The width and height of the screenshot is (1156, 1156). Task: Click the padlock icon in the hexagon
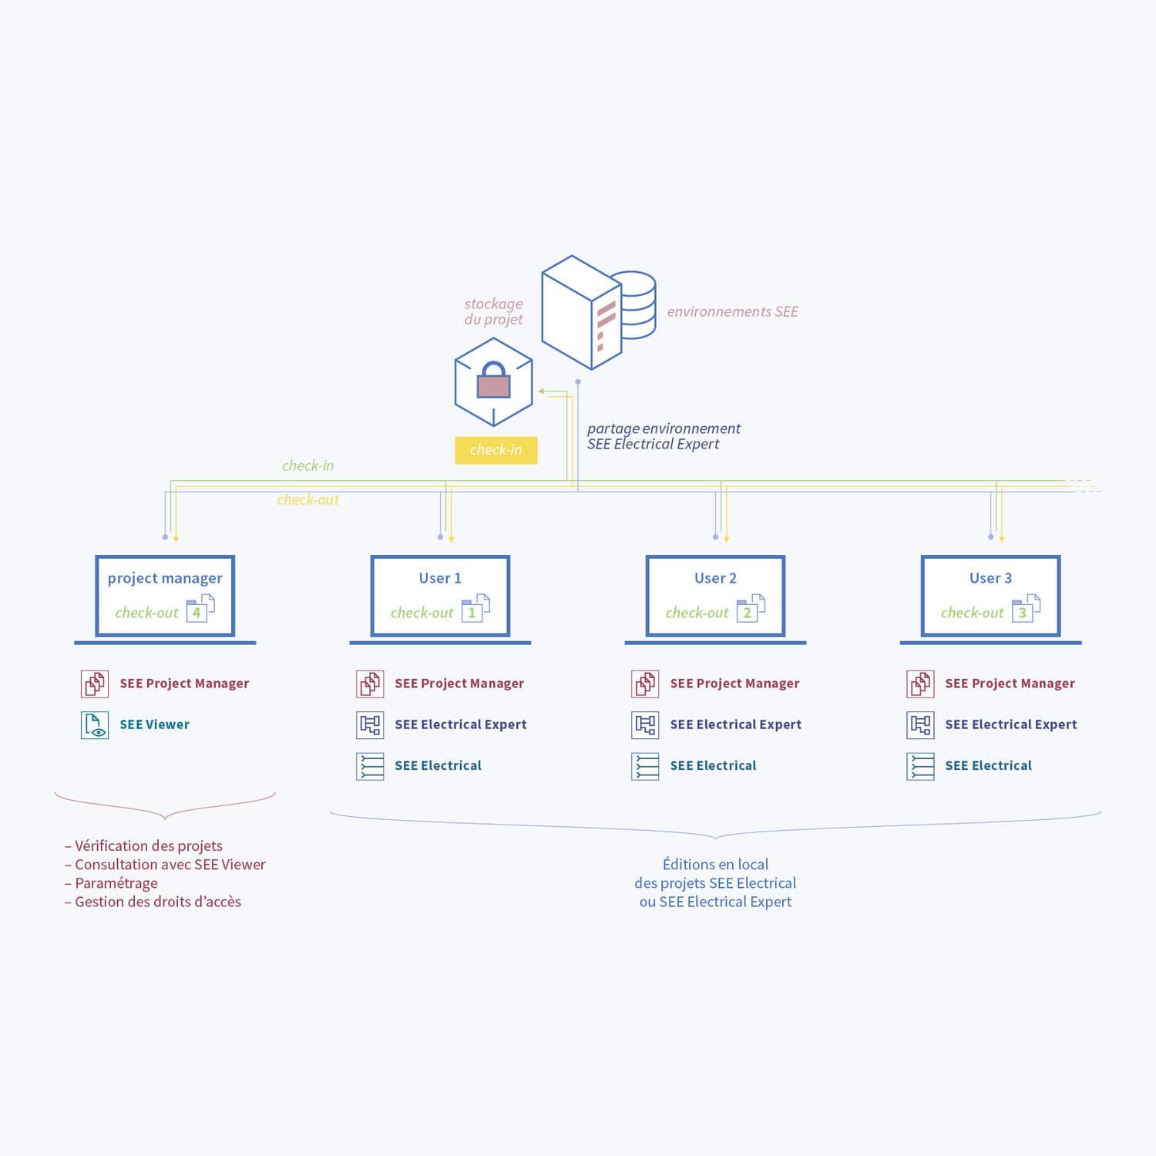tap(493, 381)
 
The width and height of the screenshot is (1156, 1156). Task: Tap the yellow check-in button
tap(496, 450)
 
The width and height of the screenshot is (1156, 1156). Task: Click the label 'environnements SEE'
tap(732, 311)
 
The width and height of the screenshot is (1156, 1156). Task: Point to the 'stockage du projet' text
tap(493, 311)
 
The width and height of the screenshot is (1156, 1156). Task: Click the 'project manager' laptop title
tap(165, 578)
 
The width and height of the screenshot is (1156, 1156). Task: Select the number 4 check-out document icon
tap(200, 609)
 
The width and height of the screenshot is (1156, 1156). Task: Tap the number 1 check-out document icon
tap(475, 609)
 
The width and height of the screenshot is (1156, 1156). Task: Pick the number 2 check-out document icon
tap(750, 609)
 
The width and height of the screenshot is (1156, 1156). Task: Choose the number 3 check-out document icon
tap(1025, 609)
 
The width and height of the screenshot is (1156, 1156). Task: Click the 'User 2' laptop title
tap(715, 578)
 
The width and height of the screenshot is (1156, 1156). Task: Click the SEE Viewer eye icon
tap(95, 725)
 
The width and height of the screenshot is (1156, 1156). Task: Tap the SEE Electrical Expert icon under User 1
tap(370, 725)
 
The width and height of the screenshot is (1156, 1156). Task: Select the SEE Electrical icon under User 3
tap(920, 766)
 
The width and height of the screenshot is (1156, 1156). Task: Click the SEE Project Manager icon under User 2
tap(645, 684)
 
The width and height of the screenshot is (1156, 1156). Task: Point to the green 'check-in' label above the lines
tap(307, 465)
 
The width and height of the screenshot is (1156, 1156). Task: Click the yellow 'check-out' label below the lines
tap(307, 500)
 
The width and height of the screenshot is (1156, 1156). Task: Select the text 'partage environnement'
tap(664, 428)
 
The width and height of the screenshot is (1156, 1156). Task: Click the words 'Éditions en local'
tap(715, 865)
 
